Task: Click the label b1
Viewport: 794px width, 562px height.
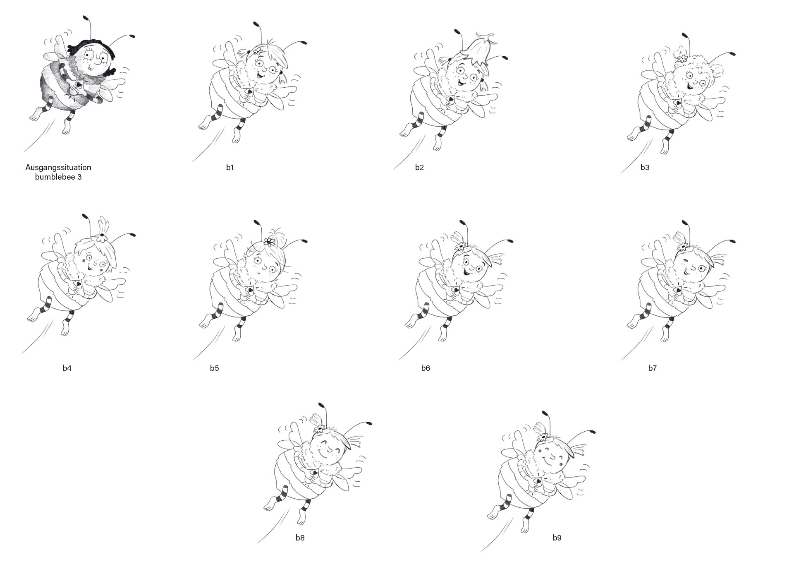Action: coord(230,168)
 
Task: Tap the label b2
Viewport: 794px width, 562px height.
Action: coord(419,168)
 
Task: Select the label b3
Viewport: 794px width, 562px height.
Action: coord(645,168)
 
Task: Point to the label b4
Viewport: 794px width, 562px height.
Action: coord(67,368)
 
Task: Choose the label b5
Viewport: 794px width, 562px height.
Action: coord(214,368)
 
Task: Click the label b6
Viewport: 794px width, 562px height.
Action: coord(426,368)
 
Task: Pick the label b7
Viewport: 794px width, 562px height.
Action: coord(652,368)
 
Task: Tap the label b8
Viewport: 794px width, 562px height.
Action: coord(300,538)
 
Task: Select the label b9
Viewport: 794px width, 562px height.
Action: coord(557,538)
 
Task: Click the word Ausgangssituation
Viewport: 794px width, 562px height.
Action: coord(58,168)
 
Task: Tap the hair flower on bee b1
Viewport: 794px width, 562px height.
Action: coord(258,52)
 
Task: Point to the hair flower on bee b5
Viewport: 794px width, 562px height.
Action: coord(270,242)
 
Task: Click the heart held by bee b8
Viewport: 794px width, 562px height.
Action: coord(315,472)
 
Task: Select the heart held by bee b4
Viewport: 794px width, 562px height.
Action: coord(78,284)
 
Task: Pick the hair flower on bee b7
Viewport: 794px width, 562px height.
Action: coord(682,247)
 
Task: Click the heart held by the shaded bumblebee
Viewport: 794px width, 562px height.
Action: coord(77,84)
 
